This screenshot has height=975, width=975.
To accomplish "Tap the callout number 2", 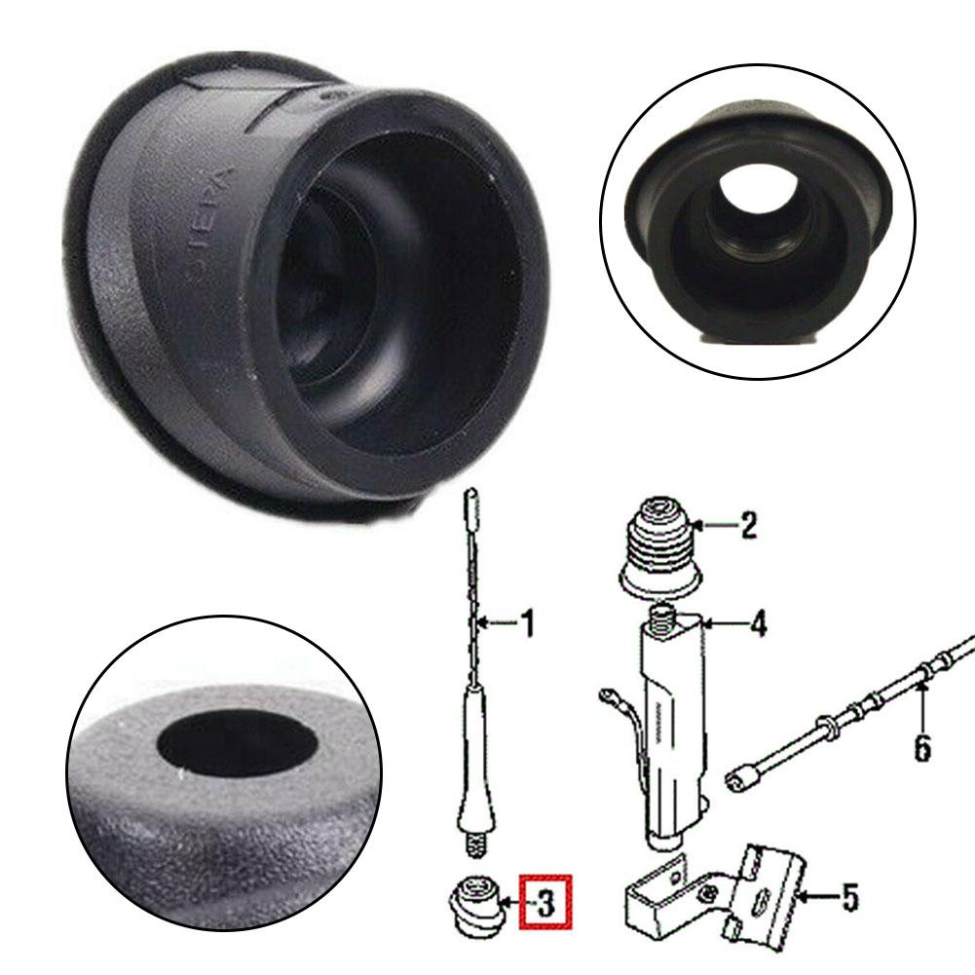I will click(x=747, y=526).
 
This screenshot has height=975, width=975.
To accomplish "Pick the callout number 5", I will click(x=849, y=898).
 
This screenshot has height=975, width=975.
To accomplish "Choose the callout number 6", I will click(x=921, y=748).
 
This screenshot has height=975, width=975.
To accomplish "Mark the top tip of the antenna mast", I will click(x=470, y=499).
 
